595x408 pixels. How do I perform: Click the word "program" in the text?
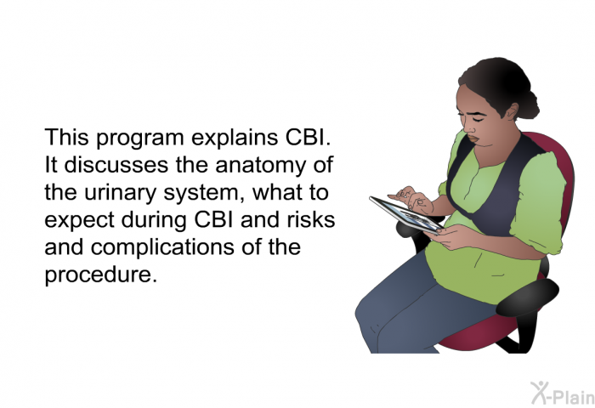pos(140,139)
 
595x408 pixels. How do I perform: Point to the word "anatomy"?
pos(260,166)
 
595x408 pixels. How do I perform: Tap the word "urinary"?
pos(120,193)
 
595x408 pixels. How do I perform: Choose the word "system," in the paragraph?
pos(204,193)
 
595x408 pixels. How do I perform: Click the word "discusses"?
pos(116,165)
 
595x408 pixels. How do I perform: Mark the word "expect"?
pos(79,221)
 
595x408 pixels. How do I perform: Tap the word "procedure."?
pos(100,275)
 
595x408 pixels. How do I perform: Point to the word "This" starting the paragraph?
pos(67,137)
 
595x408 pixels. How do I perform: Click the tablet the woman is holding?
pos(406,215)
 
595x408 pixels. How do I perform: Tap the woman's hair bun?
pos(530,105)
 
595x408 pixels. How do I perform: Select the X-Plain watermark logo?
pos(563,393)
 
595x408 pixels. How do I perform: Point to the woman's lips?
pos(473,139)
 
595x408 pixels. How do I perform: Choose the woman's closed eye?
pos(478,120)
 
